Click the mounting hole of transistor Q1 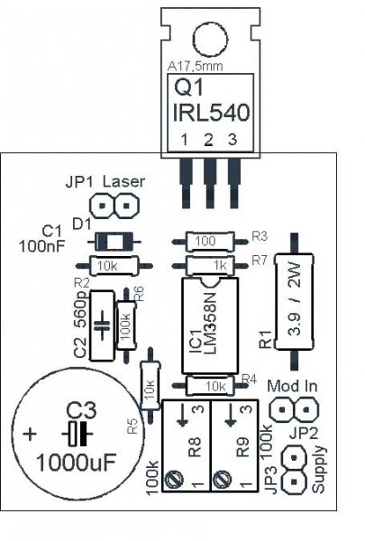211,39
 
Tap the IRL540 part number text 211,113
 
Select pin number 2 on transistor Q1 208,140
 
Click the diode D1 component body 114,241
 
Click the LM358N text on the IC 209,324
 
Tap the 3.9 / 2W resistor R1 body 295,302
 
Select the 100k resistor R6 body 126,325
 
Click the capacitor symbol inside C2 102,325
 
